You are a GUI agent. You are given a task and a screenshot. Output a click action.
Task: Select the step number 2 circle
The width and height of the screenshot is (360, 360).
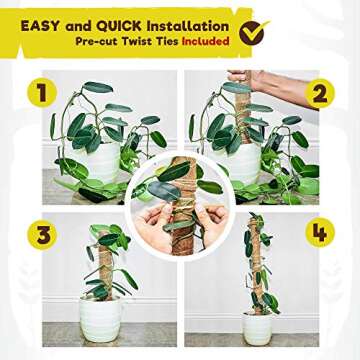pos(319,94)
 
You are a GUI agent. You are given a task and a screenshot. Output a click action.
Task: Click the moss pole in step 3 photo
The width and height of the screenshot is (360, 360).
pos(107,270)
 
